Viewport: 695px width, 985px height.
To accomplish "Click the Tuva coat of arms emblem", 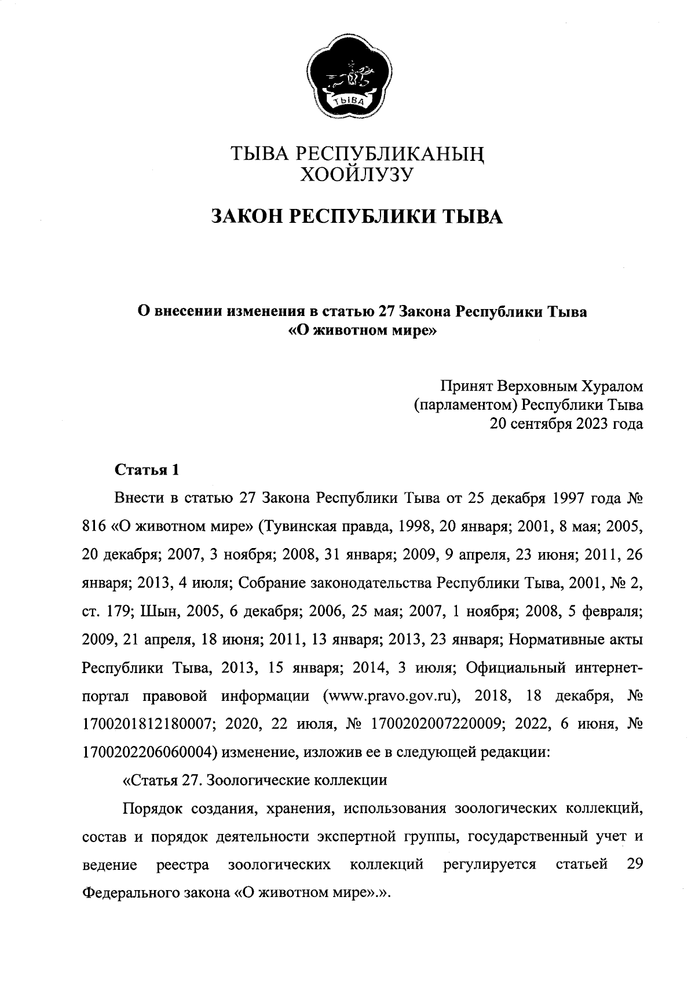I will tap(348, 76).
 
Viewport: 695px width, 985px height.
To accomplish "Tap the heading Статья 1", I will tap(147, 469).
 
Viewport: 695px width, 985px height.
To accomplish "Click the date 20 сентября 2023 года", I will tap(566, 424).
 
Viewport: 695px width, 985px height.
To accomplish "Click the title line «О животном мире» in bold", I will tap(361, 332).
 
